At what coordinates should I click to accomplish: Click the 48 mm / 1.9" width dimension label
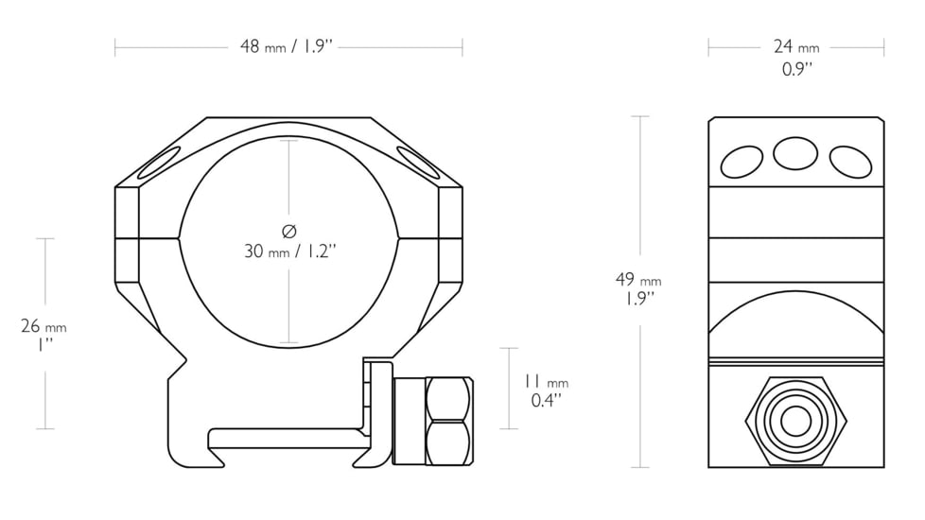pos(288,46)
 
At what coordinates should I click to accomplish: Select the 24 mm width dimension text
pos(795,46)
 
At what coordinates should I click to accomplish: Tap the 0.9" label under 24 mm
pos(797,69)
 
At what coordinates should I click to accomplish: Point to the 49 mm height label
pos(637,280)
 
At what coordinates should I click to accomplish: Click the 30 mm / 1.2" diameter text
pos(290,251)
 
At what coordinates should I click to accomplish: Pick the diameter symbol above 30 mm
pos(289,231)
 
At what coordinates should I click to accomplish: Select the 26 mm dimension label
pos(44,327)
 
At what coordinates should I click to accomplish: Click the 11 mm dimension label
pos(546,381)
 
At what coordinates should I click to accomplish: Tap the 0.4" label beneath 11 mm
pos(546,400)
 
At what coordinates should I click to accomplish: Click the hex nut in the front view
pos(447,420)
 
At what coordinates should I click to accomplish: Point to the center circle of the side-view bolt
pos(796,422)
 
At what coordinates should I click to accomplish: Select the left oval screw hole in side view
pos(742,162)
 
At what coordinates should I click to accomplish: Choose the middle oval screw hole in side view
pos(795,152)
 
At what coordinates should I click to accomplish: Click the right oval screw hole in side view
pos(850,162)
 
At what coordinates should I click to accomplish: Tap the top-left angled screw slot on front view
pos(159,164)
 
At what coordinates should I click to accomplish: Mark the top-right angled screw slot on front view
pos(419,163)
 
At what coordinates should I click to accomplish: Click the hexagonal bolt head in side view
pos(796,422)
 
